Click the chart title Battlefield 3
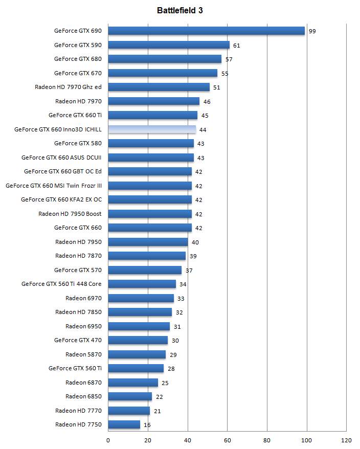coord(179,10)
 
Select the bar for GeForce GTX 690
coord(206,31)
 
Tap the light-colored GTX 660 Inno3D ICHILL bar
coord(152,129)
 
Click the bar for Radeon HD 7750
coord(124,424)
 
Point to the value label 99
coord(312,31)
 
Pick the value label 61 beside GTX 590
coord(236,46)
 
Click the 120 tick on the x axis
coord(346,440)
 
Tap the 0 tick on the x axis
coord(108,440)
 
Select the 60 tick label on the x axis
coord(227,440)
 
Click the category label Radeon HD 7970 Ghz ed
coord(68,87)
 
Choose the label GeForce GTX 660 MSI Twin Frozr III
coord(54,186)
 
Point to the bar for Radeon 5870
coord(137,354)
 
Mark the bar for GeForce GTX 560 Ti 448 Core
coord(142,284)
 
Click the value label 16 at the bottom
coord(147,425)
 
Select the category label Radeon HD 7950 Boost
coord(70,214)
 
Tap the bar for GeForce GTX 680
coord(165,59)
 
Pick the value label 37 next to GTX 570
coord(189,271)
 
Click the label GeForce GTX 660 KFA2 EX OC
coord(61,199)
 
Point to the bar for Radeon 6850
coord(130,396)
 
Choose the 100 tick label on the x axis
coord(306,440)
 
